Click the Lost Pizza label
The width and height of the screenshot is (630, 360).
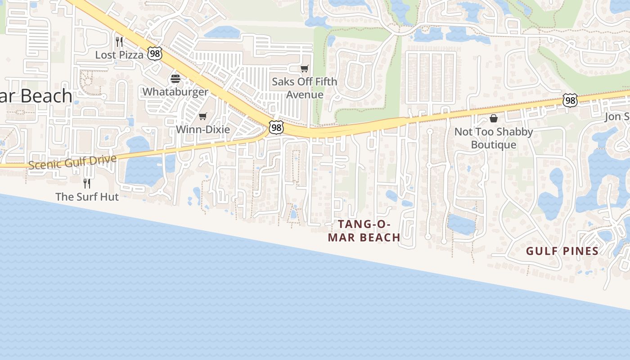(x=119, y=55)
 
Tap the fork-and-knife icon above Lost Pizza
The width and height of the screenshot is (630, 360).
(x=119, y=42)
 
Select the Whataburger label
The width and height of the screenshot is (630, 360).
(x=175, y=92)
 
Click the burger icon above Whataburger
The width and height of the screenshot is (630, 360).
(x=175, y=79)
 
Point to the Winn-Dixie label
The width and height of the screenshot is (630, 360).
(x=202, y=130)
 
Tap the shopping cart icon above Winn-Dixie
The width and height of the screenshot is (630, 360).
(x=203, y=117)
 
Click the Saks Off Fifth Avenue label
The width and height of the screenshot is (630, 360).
(x=305, y=88)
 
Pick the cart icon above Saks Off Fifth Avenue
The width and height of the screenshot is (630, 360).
(x=305, y=69)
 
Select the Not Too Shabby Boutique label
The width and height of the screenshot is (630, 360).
(x=494, y=138)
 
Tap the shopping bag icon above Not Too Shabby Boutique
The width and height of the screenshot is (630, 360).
(x=494, y=118)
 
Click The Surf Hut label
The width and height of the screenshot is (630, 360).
(x=87, y=197)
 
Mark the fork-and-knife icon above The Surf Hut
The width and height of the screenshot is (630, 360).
(x=87, y=184)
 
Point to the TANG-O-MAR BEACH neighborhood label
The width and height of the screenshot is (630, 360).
(x=364, y=231)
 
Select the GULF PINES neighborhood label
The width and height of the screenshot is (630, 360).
(x=562, y=251)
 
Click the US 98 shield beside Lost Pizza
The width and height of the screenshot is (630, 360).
(x=154, y=54)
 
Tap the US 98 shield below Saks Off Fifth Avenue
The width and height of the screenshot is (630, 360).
(x=276, y=128)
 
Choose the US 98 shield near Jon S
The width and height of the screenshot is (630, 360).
(x=570, y=100)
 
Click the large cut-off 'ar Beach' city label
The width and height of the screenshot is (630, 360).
(x=36, y=96)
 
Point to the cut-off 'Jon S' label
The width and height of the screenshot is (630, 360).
(x=617, y=117)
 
